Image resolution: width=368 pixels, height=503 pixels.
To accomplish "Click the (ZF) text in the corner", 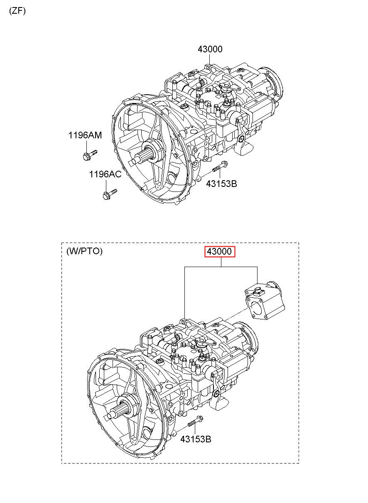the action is click(17, 11).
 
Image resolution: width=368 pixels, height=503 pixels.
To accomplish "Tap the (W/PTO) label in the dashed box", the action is click(84, 251).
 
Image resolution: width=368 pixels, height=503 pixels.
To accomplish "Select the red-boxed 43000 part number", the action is click(219, 251).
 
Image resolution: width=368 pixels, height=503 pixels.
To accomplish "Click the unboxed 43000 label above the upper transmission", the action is click(210, 49).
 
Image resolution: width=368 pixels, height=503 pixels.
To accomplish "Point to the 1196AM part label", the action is click(85, 135).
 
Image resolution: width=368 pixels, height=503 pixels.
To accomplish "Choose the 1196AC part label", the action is click(105, 174).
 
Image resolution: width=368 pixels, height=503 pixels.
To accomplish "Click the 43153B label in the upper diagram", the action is click(221, 184).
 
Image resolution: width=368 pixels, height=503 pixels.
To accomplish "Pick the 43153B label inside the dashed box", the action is click(196, 439).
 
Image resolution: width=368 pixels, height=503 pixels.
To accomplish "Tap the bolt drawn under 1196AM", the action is click(90, 155).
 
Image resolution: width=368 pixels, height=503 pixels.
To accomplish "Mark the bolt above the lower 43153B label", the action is click(195, 421).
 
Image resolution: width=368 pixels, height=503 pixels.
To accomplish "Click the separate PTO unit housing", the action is click(265, 300).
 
